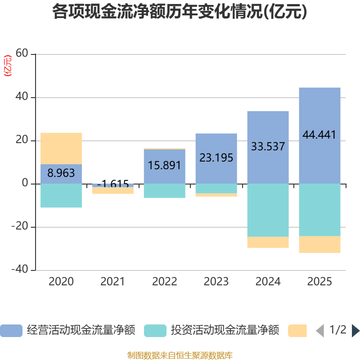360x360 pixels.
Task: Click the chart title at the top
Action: click(x=180, y=12)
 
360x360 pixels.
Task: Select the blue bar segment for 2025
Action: click(x=319, y=135)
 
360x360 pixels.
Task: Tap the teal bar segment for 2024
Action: click(x=268, y=210)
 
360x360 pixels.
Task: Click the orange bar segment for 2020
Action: click(x=61, y=148)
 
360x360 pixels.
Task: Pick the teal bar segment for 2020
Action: click(x=61, y=196)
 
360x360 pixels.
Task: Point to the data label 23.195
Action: click(x=216, y=158)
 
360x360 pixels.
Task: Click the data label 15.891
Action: click(x=164, y=165)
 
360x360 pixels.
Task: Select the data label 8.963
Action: click(x=61, y=173)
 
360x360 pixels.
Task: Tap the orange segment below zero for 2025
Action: click(x=319, y=244)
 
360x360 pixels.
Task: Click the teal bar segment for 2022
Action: click(x=164, y=191)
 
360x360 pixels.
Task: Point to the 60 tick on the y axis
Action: click(x=22, y=53)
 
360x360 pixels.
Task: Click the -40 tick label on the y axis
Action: click(x=20, y=269)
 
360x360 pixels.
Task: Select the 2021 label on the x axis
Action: click(x=112, y=282)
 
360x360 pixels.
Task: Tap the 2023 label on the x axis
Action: click(x=216, y=282)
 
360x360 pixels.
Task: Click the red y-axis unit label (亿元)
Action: click(x=8, y=65)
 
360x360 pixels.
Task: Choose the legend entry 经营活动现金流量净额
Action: click(x=67, y=330)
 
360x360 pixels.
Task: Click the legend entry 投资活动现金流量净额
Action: click(x=211, y=330)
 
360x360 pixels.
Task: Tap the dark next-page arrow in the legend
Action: click(x=355, y=331)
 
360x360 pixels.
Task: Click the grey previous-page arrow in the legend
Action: click(x=320, y=331)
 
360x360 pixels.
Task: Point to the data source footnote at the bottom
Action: click(x=180, y=355)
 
